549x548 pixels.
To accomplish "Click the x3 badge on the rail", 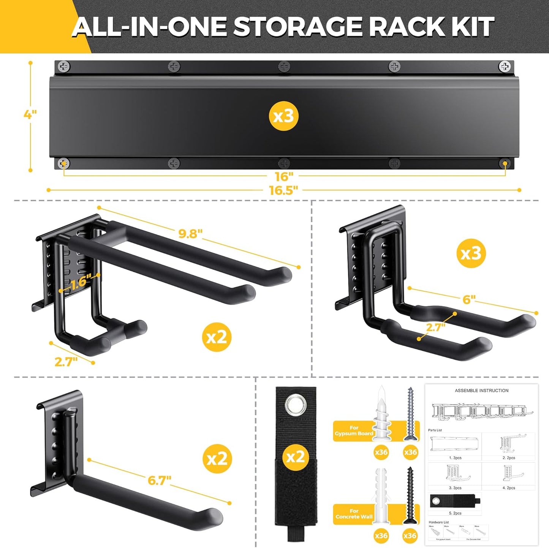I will (283, 116).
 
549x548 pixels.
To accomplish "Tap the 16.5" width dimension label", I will (283, 190).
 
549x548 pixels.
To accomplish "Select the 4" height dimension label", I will (30, 114).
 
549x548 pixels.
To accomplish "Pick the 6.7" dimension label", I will (160, 480).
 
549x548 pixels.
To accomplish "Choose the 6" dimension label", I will (469, 300).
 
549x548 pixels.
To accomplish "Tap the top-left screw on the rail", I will (64, 67).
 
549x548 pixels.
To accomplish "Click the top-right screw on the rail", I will (505, 67).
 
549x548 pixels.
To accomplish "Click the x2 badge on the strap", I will (296, 457).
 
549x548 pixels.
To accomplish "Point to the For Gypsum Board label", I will (354, 430).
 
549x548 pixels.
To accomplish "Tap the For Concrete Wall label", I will (354, 514).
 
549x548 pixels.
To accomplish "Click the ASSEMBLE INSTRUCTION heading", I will (481, 391).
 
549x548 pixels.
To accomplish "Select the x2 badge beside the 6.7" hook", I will (217, 459).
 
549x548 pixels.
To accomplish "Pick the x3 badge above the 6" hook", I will (471, 253).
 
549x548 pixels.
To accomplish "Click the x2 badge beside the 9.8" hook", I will (217, 337).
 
